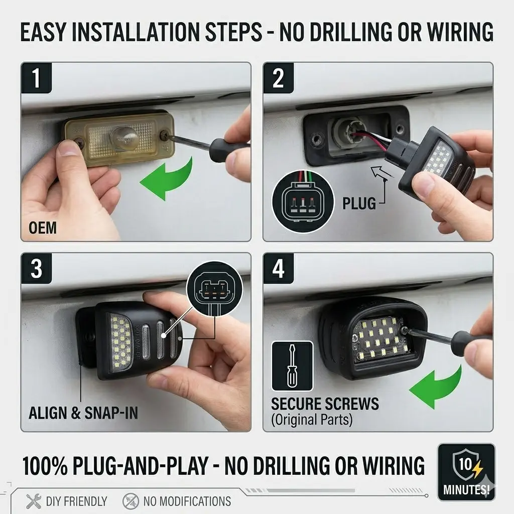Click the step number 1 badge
(x=36, y=78)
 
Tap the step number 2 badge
(x=278, y=78)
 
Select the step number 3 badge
(x=36, y=269)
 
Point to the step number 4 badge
(x=278, y=269)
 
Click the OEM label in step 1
(x=43, y=228)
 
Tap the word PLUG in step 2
(x=359, y=203)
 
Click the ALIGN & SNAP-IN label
(x=83, y=413)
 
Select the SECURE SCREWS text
(x=325, y=404)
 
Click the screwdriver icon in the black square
(x=293, y=366)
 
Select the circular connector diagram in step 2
(x=303, y=202)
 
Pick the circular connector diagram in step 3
(x=214, y=289)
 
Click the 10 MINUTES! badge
(x=466, y=472)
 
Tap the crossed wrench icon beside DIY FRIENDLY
(x=34, y=501)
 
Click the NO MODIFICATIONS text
(x=187, y=501)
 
